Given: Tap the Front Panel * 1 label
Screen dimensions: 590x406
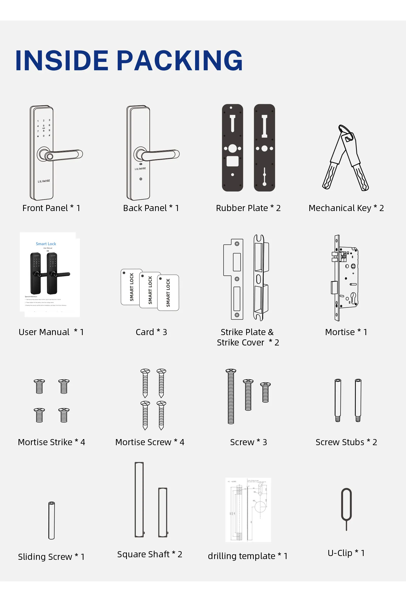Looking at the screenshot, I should (51, 208).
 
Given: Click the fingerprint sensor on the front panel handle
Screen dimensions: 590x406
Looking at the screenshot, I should (49, 157).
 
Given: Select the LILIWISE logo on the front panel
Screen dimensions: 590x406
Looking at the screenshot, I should (44, 181).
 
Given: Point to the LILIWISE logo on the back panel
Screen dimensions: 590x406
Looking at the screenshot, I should (140, 169).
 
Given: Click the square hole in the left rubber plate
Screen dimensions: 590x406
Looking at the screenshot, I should (232, 161).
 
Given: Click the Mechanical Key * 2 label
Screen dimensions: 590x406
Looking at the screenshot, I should (346, 208).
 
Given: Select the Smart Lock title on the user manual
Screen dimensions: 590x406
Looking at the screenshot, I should (46, 244).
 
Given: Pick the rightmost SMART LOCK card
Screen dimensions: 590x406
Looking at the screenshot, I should (168, 292).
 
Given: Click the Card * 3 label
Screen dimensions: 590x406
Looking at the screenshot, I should (151, 332).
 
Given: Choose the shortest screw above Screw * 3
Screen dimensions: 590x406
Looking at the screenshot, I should (265, 392).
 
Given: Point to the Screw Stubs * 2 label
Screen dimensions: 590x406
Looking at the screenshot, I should (346, 442).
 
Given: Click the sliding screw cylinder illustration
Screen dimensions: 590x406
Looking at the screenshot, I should (52, 520).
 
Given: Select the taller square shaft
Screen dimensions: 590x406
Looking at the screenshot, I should (139, 499).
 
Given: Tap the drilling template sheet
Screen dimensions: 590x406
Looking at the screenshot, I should (248, 510).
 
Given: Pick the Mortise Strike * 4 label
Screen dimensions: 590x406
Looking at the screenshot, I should (52, 442).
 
